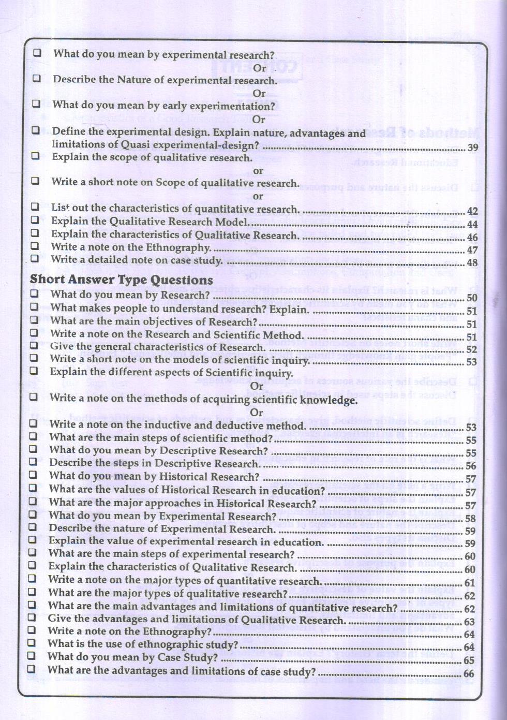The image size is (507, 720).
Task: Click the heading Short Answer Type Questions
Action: coord(121,280)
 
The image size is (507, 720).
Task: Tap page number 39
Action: coord(473,148)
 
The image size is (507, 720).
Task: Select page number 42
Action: coord(472,211)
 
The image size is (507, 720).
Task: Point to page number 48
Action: coord(472,262)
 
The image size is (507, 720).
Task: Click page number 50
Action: coord(472,298)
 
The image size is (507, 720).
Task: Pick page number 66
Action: coord(469,673)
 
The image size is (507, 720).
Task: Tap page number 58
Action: coord(470,518)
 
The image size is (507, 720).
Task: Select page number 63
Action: coord(469,622)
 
